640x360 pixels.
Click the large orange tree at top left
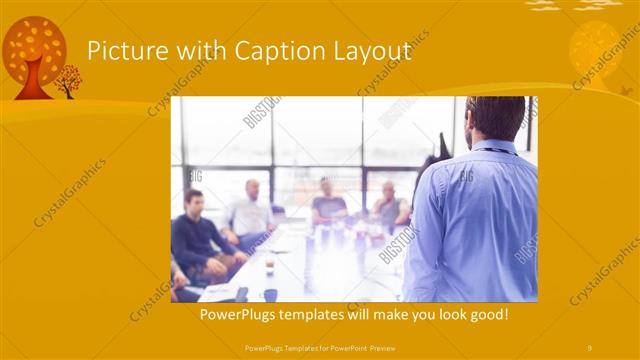pyautogui.click(x=34, y=55)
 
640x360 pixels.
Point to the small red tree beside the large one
pyautogui.click(x=68, y=80)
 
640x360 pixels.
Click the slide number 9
pyautogui.click(x=589, y=347)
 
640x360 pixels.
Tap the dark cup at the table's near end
pyautogui.click(x=271, y=294)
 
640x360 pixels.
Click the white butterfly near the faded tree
pyautogui.click(x=625, y=89)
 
